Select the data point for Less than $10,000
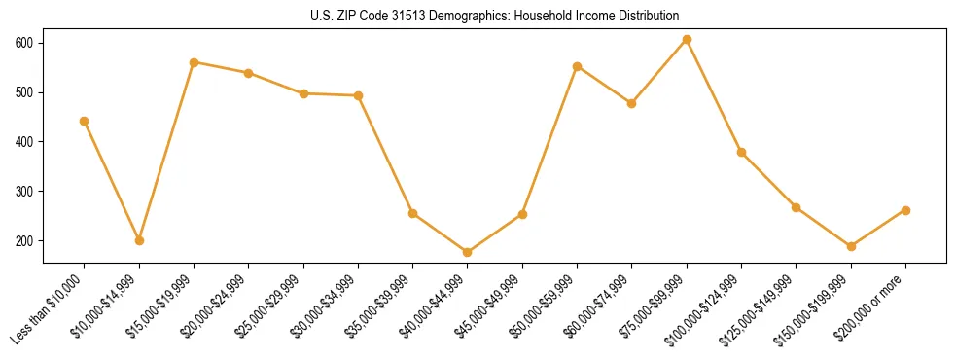pos(85,122)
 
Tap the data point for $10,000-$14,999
pos(139,240)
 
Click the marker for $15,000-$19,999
pos(195,62)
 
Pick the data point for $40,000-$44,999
pos(468,252)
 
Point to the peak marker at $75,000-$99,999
pos(687,40)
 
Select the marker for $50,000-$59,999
pos(578,66)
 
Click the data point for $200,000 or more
pos(905,210)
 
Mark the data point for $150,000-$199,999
pos(851,246)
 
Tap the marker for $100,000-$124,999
pos(741,152)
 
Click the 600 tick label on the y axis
pos(24,44)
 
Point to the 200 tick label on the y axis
pos(24,241)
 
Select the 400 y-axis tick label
pos(24,142)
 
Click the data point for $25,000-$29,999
pos(303,93)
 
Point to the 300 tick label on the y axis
pos(24,192)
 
